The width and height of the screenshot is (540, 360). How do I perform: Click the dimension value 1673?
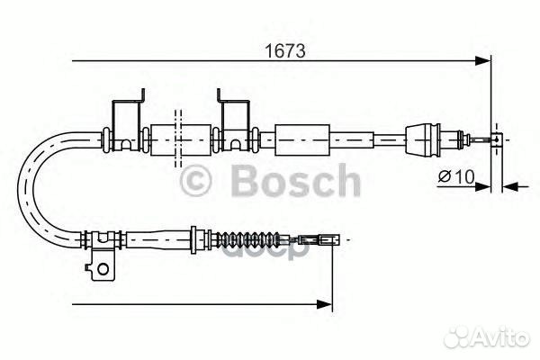(284, 51)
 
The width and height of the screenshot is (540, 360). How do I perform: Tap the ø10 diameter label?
(456, 176)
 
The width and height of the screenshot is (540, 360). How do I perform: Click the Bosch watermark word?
(296, 181)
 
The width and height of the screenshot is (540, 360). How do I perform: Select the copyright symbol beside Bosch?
(195, 182)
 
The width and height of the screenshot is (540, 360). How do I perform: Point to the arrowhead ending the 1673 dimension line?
(482, 61)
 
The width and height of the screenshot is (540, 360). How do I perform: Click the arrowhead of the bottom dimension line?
(324, 304)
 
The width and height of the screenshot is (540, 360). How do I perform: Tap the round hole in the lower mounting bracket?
(103, 269)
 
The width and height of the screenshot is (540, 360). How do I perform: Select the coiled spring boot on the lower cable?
(248, 238)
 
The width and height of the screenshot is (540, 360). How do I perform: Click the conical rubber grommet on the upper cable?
(423, 139)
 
